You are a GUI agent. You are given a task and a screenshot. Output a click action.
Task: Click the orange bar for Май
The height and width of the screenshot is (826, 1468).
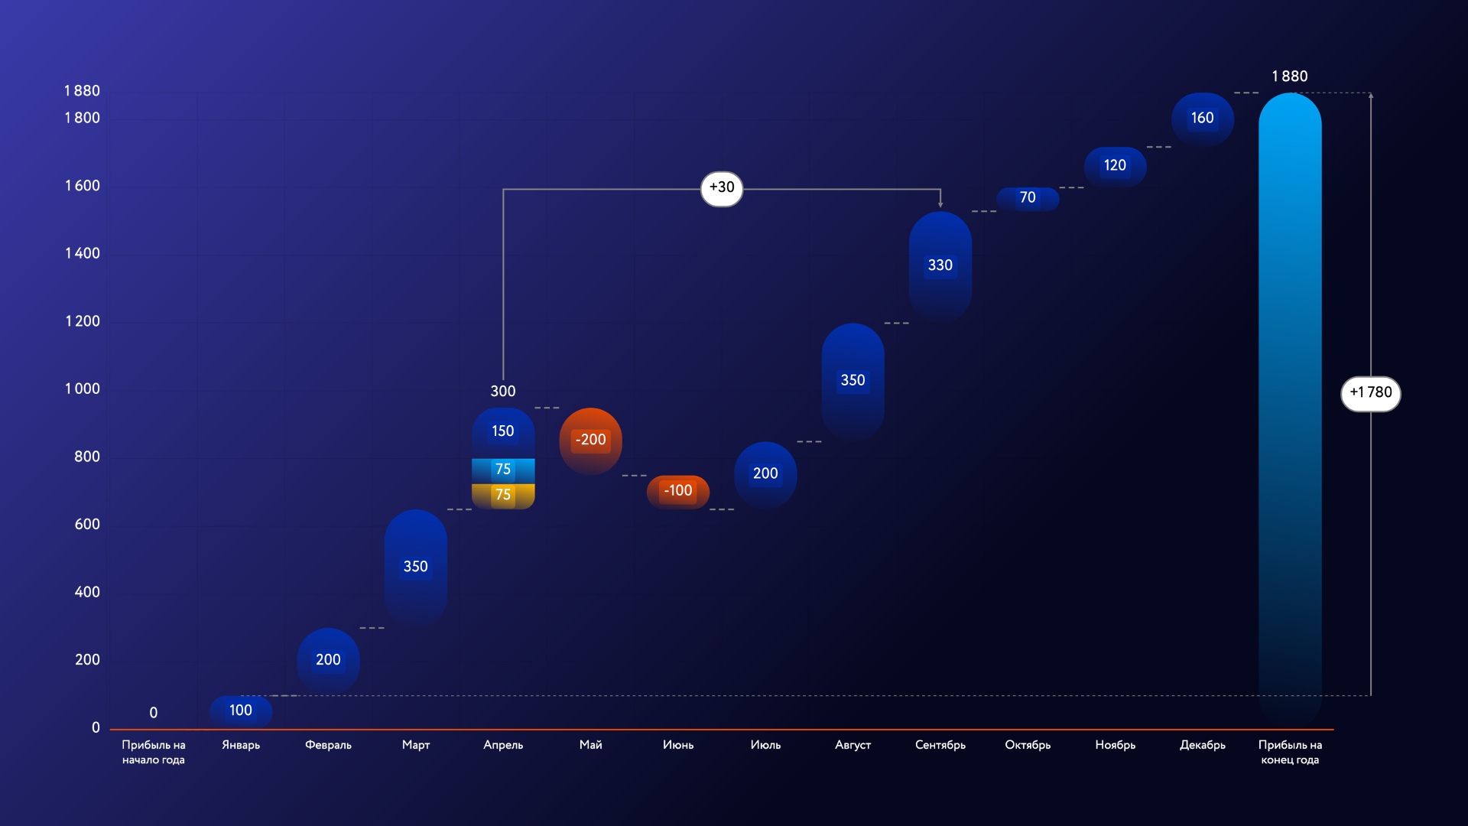pyautogui.click(x=590, y=441)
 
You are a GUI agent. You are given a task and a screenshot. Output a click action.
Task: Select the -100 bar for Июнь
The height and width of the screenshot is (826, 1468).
pyautogui.click(x=678, y=492)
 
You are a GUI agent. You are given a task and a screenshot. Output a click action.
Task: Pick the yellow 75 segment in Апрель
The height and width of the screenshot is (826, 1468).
pyautogui.click(x=503, y=496)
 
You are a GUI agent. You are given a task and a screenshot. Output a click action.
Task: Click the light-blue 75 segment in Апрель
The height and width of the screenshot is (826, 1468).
pyautogui.click(x=503, y=470)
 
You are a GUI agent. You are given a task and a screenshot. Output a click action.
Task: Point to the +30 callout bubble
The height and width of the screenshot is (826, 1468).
pyautogui.click(x=722, y=188)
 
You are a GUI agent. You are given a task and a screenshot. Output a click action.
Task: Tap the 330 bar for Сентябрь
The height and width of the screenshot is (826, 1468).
pyautogui.click(x=940, y=266)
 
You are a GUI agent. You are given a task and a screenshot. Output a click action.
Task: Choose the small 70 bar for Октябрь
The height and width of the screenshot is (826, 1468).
pyautogui.click(x=1028, y=199)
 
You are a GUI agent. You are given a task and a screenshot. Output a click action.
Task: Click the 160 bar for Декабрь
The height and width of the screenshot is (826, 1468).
pyautogui.click(x=1203, y=119)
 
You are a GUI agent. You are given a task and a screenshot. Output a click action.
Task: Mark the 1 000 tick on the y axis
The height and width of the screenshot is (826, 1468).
pyautogui.click(x=83, y=389)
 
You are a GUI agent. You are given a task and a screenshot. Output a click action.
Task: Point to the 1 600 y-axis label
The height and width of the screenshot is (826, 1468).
pyautogui.click(x=83, y=186)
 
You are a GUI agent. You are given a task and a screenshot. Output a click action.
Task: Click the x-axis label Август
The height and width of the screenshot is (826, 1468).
pyautogui.click(x=853, y=745)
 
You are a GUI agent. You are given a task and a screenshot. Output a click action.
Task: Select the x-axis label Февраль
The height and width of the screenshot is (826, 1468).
pyautogui.click(x=328, y=745)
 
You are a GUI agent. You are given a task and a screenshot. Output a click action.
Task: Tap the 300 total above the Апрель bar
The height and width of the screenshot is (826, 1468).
pyautogui.click(x=503, y=392)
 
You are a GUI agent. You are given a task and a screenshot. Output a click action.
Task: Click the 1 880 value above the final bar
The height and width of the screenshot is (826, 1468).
pyautogui.click(x=1290, y=76)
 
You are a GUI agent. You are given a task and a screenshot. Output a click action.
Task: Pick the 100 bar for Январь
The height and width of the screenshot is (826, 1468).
pyautogui.click(x=241, y=711)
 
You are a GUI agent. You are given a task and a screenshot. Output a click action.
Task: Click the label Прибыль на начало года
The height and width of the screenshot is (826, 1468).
pyautogui.click(x=154, y=753)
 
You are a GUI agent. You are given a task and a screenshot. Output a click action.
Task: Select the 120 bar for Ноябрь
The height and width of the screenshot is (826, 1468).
pyautogui.click(x=1115, y=166)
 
